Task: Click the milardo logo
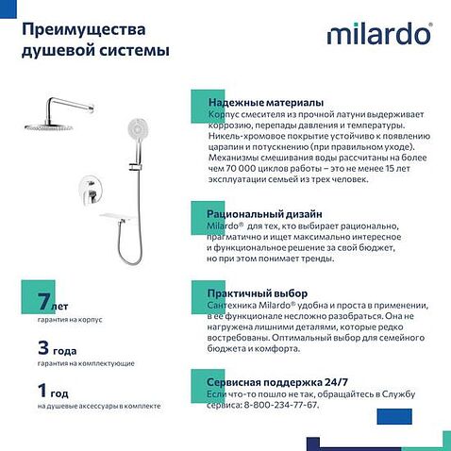click(379, 34)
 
